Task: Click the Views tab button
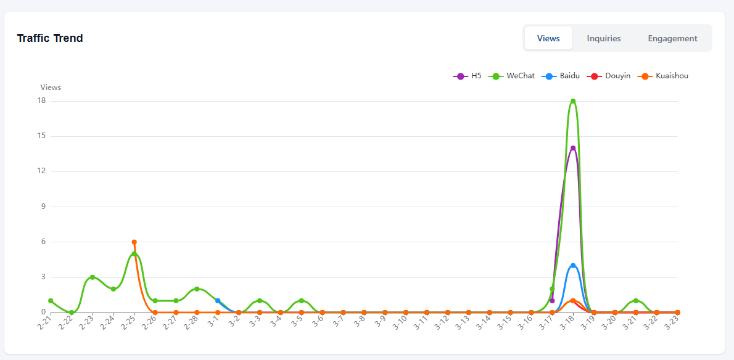(x=548, y=38)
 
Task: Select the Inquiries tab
(x=604, y=38)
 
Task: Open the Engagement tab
(x=673, y=38)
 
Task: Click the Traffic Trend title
(x=50, y=38)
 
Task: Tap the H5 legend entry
(x=467, y=76)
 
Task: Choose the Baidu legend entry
(x=560, y=76)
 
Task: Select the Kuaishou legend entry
(x=662, y=76)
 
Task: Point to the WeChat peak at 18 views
(x=573, y=101)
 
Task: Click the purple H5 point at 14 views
(x=573, y=148)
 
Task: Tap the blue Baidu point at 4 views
(x=573, y=266)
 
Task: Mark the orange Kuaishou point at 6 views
(x=134, y=242)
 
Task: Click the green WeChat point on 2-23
(x=93, y=277)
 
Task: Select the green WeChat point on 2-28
(x=197, y=289)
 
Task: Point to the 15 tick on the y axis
(x=44, y=136)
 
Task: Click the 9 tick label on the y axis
(x=46, y=207)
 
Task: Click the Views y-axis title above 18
(x=51, y=88)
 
